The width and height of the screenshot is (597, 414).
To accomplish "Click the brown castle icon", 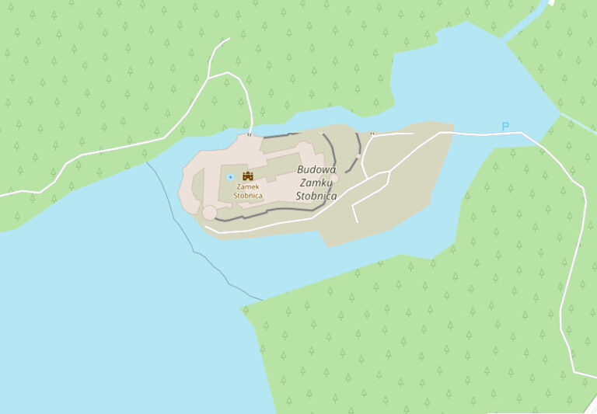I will [x=248, y=176].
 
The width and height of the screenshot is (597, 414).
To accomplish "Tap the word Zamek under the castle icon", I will [x=248, y=187].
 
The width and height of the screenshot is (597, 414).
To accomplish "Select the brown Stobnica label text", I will [x=248, y=196].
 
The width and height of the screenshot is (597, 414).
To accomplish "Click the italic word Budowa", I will [x=316, y=169].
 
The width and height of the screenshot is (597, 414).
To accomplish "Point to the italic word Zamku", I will [x=316, y=183].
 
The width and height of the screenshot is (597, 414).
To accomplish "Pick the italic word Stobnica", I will [x=316, y=196].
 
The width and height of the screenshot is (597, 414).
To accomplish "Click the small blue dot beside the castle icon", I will [x=230, y=177].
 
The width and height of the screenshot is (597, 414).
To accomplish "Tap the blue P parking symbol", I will [x=505, y=127].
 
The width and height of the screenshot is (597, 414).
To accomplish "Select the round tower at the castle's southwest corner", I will [x=209, y=212].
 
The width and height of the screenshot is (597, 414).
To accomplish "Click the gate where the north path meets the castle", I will [x=250, y=134].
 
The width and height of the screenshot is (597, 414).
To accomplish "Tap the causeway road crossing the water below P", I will [x=482, y=134].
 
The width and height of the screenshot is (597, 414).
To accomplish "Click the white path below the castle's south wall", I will [x=264, y=226].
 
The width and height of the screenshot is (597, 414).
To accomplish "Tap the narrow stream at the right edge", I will [x=579, y=124].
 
